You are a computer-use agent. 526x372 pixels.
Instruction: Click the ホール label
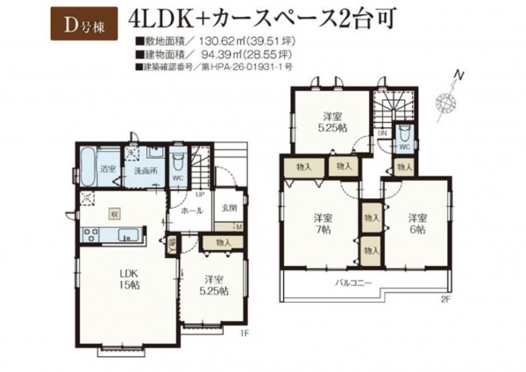point(193,211)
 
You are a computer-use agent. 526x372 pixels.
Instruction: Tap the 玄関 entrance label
point(228,207)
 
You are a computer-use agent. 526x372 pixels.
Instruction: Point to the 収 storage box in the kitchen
point(114,212)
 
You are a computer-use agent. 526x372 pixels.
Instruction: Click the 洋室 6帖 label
point(416,223)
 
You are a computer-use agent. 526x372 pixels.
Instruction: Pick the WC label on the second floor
point(406,147)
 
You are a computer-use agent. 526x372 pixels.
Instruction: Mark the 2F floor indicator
point(445,300)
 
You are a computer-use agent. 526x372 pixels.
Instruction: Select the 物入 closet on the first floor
point(222,243)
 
